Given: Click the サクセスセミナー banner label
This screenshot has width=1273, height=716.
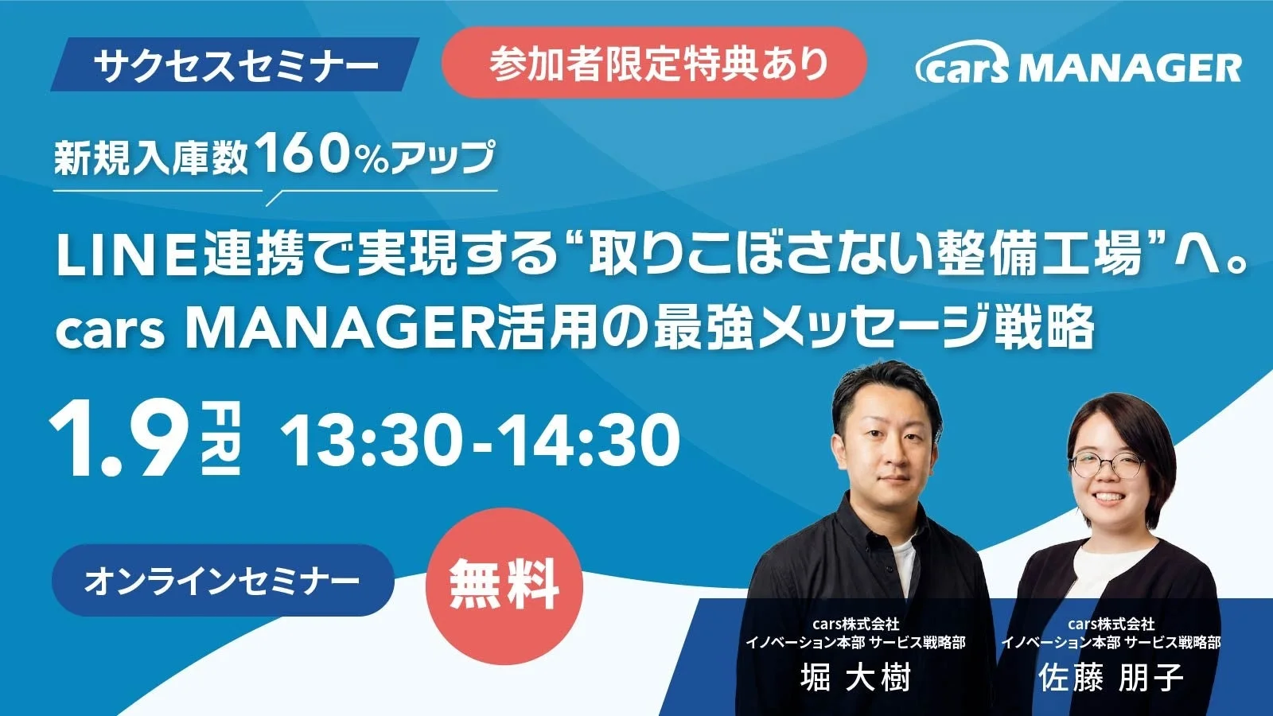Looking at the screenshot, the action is tap(236, 64).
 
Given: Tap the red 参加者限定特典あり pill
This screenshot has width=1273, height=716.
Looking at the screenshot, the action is tap(654, 63).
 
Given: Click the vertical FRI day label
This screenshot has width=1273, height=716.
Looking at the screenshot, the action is tap(221, 439).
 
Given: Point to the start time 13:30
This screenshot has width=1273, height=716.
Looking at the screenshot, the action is tap(370, 440).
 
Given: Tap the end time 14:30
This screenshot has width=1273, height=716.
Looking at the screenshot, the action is tap(590, 440).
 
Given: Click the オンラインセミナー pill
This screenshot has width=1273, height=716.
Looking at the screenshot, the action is tap(223, 580).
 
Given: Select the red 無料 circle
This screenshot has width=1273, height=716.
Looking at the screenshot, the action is tap(504, 586).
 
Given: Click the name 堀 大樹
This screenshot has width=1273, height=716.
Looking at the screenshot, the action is tap(855, 677).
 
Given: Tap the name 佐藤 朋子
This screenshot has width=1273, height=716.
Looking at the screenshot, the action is tap(1111, 677).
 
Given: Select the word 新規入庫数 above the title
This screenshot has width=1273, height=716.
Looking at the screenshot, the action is tap(152, 158).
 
